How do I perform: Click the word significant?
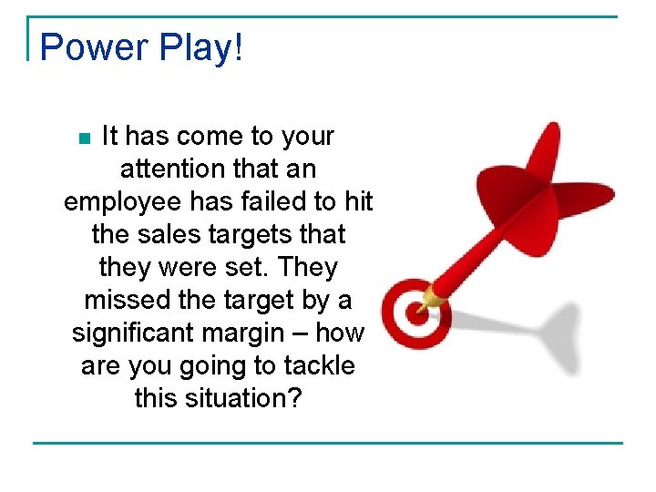(131, 333)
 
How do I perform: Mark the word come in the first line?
(211, 137)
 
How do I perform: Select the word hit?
(356, 202)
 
